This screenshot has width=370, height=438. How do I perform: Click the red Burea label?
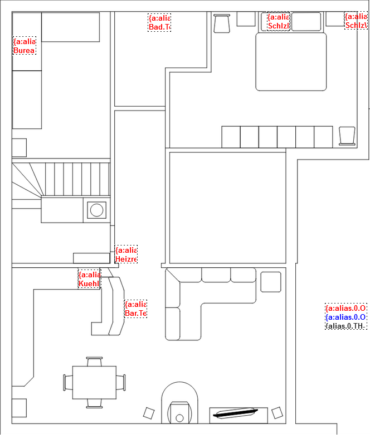click(x=24, y=46)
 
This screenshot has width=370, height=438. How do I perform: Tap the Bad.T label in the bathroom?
click(x=159, y=22)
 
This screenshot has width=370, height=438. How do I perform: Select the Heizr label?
click(x=126, y=254)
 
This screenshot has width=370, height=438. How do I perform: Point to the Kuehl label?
click(x=89, y=279)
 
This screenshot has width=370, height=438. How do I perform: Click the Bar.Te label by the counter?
click(x=135, y=309)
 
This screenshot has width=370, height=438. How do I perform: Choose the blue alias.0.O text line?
click(x=345, y=317)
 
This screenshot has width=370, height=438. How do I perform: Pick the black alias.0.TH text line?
click(x=345, y=326)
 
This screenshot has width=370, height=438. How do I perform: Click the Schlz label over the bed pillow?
click(x=278, y=22)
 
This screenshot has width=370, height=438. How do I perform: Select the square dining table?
click(x=94, y=382)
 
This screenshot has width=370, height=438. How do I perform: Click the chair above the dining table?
click(x=94, y=361)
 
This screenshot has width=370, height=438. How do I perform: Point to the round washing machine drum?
click(x=97, y=210)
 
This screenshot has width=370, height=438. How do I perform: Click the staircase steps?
click(x=72, y=179)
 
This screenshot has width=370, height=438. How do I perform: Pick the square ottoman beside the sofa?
click(x=271, y=281)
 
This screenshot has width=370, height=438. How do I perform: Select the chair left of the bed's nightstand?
click(x=222, y=23)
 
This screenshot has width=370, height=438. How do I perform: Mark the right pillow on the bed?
click(x=306, y=22)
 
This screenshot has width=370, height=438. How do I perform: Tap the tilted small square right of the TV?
click(x=277, y=413)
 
